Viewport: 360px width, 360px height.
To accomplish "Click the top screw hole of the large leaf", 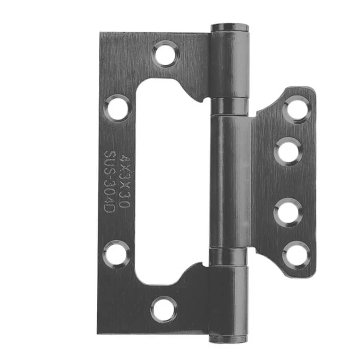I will point(165,54).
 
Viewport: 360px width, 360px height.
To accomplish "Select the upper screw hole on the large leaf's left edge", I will point(118,108).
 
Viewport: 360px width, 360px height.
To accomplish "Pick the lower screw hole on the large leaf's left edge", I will point(116,254).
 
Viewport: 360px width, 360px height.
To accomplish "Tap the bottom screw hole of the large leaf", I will point(164,309).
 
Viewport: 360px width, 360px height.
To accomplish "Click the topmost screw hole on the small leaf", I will point(297,109).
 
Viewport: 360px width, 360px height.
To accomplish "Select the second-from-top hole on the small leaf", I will point(288,151).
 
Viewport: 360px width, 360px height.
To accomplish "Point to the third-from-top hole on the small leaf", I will point(288,212).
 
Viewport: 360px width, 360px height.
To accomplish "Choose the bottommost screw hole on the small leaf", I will point(296,254).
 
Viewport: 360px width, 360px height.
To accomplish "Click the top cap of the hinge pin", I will point(230,28).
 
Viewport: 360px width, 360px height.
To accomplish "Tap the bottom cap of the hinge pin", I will point(228,339).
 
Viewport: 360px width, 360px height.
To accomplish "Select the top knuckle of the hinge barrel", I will point(230,64).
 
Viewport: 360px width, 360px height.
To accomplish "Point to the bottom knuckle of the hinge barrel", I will point(228,300).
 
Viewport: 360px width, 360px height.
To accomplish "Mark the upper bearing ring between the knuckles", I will point(230,106).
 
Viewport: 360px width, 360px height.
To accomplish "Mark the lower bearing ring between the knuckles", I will point(229,256).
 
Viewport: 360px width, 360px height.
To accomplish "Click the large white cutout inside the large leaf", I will point(168,180).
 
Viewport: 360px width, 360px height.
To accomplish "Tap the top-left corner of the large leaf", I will point(101,34).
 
